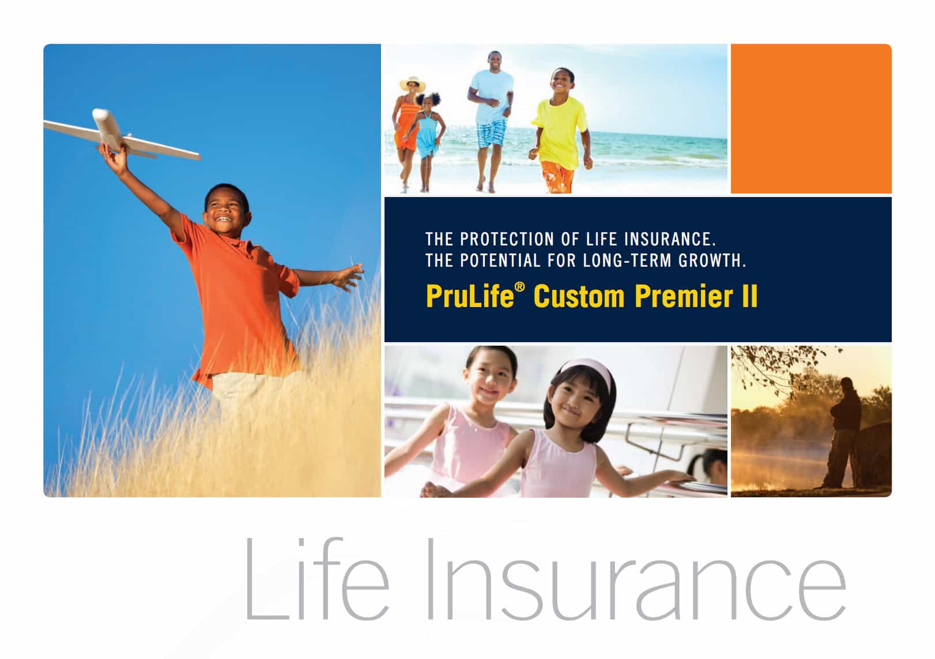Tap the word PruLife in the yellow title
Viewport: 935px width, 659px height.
[470, 296]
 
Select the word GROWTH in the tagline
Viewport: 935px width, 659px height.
[712, 261]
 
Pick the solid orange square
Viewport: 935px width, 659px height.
[811, 119]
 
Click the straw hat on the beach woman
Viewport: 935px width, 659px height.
[412, 83]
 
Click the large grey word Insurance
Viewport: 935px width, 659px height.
[636, 579]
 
